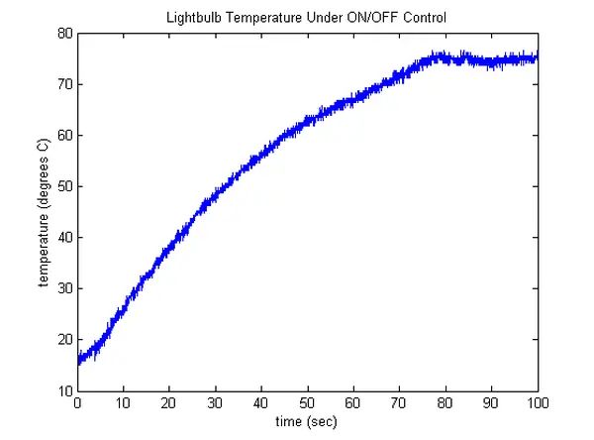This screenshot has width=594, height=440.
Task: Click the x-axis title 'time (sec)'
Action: [307, 423]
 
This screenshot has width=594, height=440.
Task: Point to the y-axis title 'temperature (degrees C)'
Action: [44, 212]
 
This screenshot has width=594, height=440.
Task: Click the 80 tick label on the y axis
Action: [65, 33]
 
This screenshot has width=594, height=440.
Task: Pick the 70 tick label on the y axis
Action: [65, 84]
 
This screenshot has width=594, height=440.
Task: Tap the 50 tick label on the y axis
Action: [65, 186]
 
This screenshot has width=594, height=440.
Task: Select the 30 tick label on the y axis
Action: [65, 288]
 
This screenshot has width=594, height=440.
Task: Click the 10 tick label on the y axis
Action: [65, 390]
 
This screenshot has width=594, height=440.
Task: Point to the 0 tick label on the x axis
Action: [77, 403]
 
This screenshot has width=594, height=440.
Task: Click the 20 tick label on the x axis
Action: [169, 403]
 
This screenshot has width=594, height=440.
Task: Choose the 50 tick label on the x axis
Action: [308, 403]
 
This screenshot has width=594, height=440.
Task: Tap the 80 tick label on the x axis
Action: [446, 403]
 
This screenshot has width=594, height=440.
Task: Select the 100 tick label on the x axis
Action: [538, 403]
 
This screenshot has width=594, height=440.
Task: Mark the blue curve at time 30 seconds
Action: [216, 201]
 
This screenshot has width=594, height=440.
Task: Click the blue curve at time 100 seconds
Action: [537, 58]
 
